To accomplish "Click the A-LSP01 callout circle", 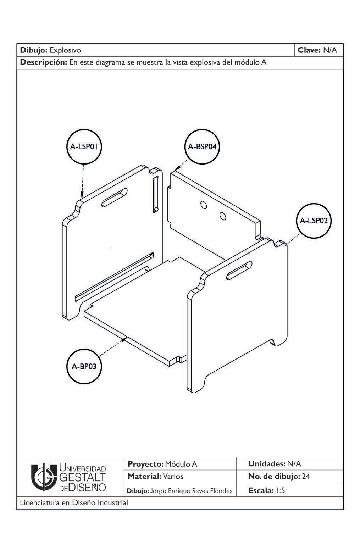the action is [84, 146].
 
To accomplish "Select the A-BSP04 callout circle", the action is [202, 146].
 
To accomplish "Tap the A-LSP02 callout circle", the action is [314, 221].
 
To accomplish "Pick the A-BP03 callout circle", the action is [84, 366].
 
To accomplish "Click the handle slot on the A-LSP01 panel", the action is [114, 198].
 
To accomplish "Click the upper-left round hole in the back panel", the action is [204, 205].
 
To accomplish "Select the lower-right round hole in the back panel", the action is [223, 216].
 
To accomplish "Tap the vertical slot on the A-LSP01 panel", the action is [155, 195].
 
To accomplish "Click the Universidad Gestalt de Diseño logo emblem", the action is [44, 477].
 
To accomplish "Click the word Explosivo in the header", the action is [65, 50].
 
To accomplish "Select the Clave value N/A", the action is [330, 50].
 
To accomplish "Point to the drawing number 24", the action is [306, 476].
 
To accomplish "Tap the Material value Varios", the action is [173, 476].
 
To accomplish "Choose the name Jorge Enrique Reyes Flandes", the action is [192, 491].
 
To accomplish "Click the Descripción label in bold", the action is [43, 63].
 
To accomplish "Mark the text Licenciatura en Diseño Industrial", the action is [74, 502].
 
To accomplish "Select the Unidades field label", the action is [266, 463].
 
